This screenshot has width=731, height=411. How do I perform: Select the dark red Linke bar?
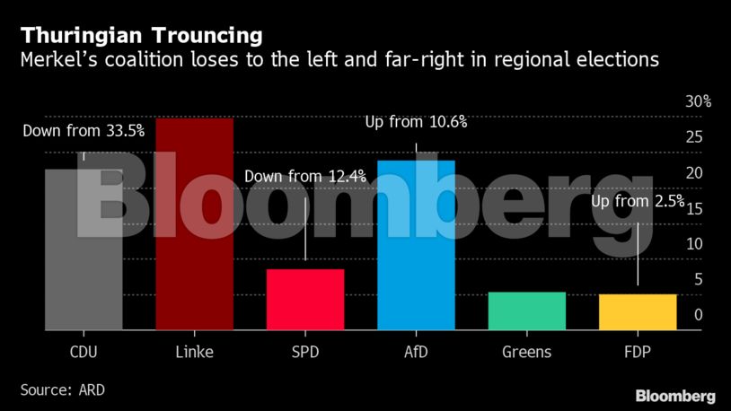click(194, 224)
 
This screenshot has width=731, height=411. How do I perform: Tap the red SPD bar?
click(304, 300)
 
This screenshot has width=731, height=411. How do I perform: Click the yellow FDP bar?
click(638, 312)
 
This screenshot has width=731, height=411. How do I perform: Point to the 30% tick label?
click(698, 101)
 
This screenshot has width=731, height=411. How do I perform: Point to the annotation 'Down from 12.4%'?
click(304, 177)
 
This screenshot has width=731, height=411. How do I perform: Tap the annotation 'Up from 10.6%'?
click(416, 122)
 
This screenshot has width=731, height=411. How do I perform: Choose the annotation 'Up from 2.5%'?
click(638, 201)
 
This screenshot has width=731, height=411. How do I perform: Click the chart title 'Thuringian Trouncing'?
click(142, 37)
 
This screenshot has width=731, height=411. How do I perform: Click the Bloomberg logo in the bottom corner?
click(674, 396)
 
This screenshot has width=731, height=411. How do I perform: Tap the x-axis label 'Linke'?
click(193, 352)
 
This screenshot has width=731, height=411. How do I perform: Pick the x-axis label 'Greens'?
click(526, 352)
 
